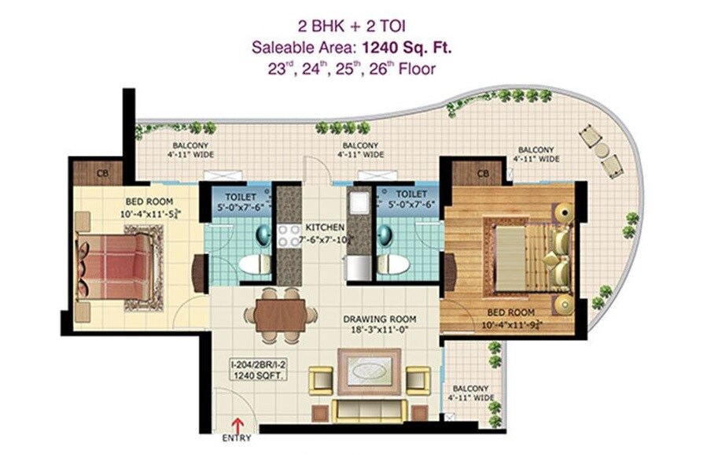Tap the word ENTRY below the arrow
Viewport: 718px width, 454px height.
click(237, 438)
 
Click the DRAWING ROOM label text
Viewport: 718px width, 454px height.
click(380, 319)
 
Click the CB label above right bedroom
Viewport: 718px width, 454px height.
click(483, 173)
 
